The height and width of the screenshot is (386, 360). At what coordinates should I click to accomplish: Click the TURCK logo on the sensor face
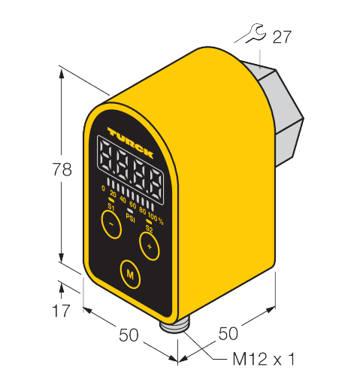pos(131,142)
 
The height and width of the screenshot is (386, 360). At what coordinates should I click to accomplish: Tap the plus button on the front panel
pos(150,246)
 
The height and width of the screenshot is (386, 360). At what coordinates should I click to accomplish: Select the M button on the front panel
pos(130,274)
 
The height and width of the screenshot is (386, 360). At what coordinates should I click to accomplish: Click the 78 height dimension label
pos(62,169)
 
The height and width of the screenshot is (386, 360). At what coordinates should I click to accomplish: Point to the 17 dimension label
pos(62,311)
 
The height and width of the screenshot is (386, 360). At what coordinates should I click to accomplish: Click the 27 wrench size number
pos(283,37)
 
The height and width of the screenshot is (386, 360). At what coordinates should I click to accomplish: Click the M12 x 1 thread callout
pos(264,359)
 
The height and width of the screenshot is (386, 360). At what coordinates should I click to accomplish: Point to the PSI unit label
pos(130,217)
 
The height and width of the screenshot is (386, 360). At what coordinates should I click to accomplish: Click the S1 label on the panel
pos(111,208)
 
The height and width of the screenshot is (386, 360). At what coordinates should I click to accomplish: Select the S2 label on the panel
pos(149,229)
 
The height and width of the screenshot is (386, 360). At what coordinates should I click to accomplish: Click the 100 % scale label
pos(156,217)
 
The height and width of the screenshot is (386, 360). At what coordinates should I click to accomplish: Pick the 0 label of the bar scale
pos(103,188)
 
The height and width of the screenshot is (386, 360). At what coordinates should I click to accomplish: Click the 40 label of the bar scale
pos(123,199)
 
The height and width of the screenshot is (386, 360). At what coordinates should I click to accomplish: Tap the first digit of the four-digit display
pos(106,155)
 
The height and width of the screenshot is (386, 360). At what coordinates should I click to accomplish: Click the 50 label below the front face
pos(129,335)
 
